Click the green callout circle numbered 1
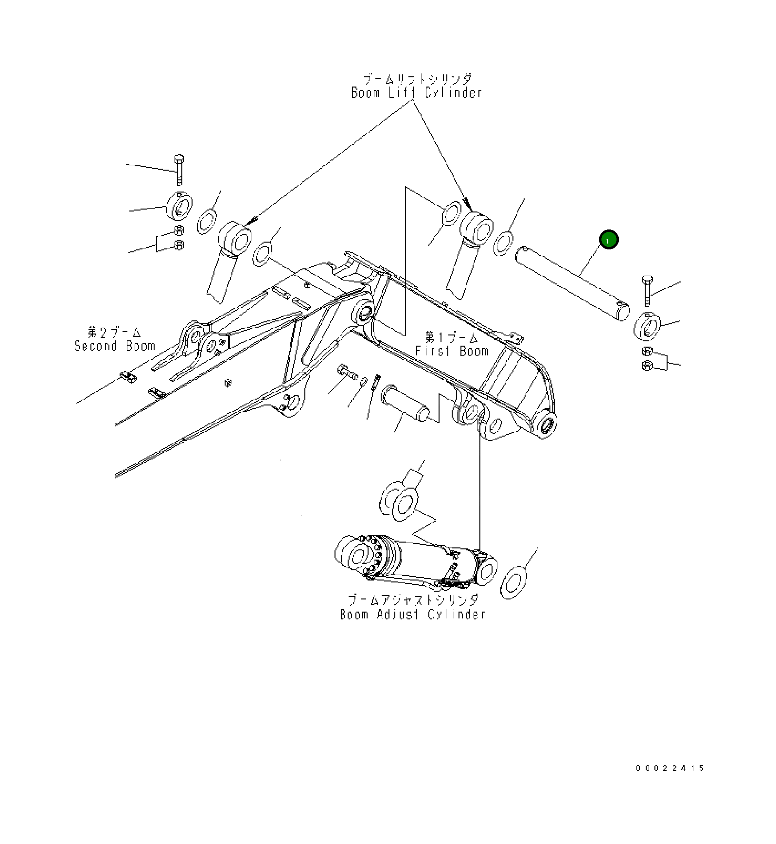tap(609, 240)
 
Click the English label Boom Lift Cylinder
tap(417, 93)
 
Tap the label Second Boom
tap(115, 346)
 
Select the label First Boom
tap(452, 351)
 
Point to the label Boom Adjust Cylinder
tap(413, 615)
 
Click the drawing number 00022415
tap(670, 769)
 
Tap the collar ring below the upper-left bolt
tap(179, 206)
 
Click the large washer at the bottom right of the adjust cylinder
tap(513, 582)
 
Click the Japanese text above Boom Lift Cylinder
tap(417, 79)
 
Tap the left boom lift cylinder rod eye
tap(235, 237)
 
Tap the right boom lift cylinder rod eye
tap(477, 227)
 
